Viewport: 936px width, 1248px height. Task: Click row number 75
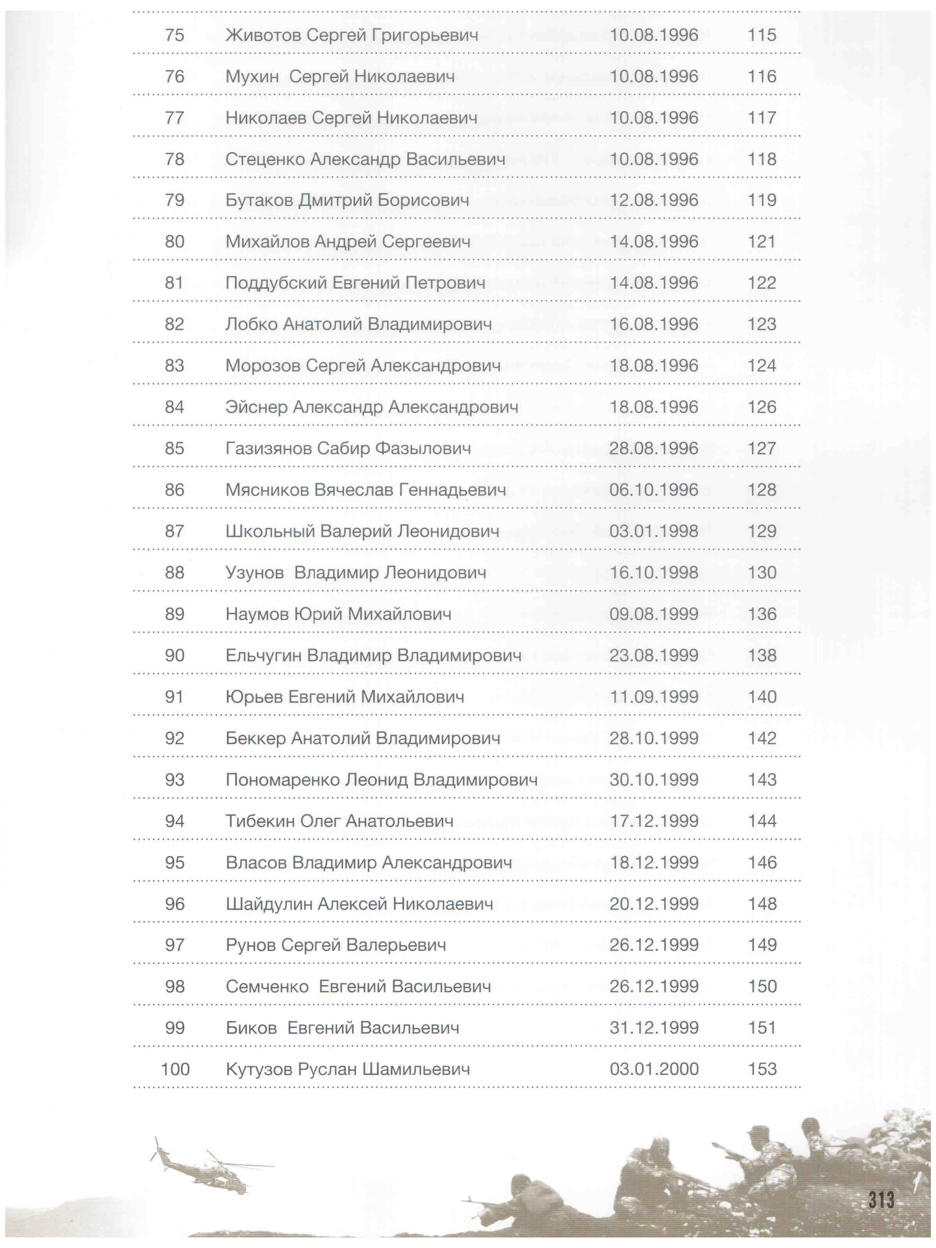174,35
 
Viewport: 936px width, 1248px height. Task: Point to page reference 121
762,241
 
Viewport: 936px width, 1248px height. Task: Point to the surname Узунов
254,573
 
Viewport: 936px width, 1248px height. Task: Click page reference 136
762,614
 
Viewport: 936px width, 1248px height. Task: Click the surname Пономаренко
282,780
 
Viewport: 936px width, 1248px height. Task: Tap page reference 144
762,821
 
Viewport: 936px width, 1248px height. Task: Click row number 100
175,1069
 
